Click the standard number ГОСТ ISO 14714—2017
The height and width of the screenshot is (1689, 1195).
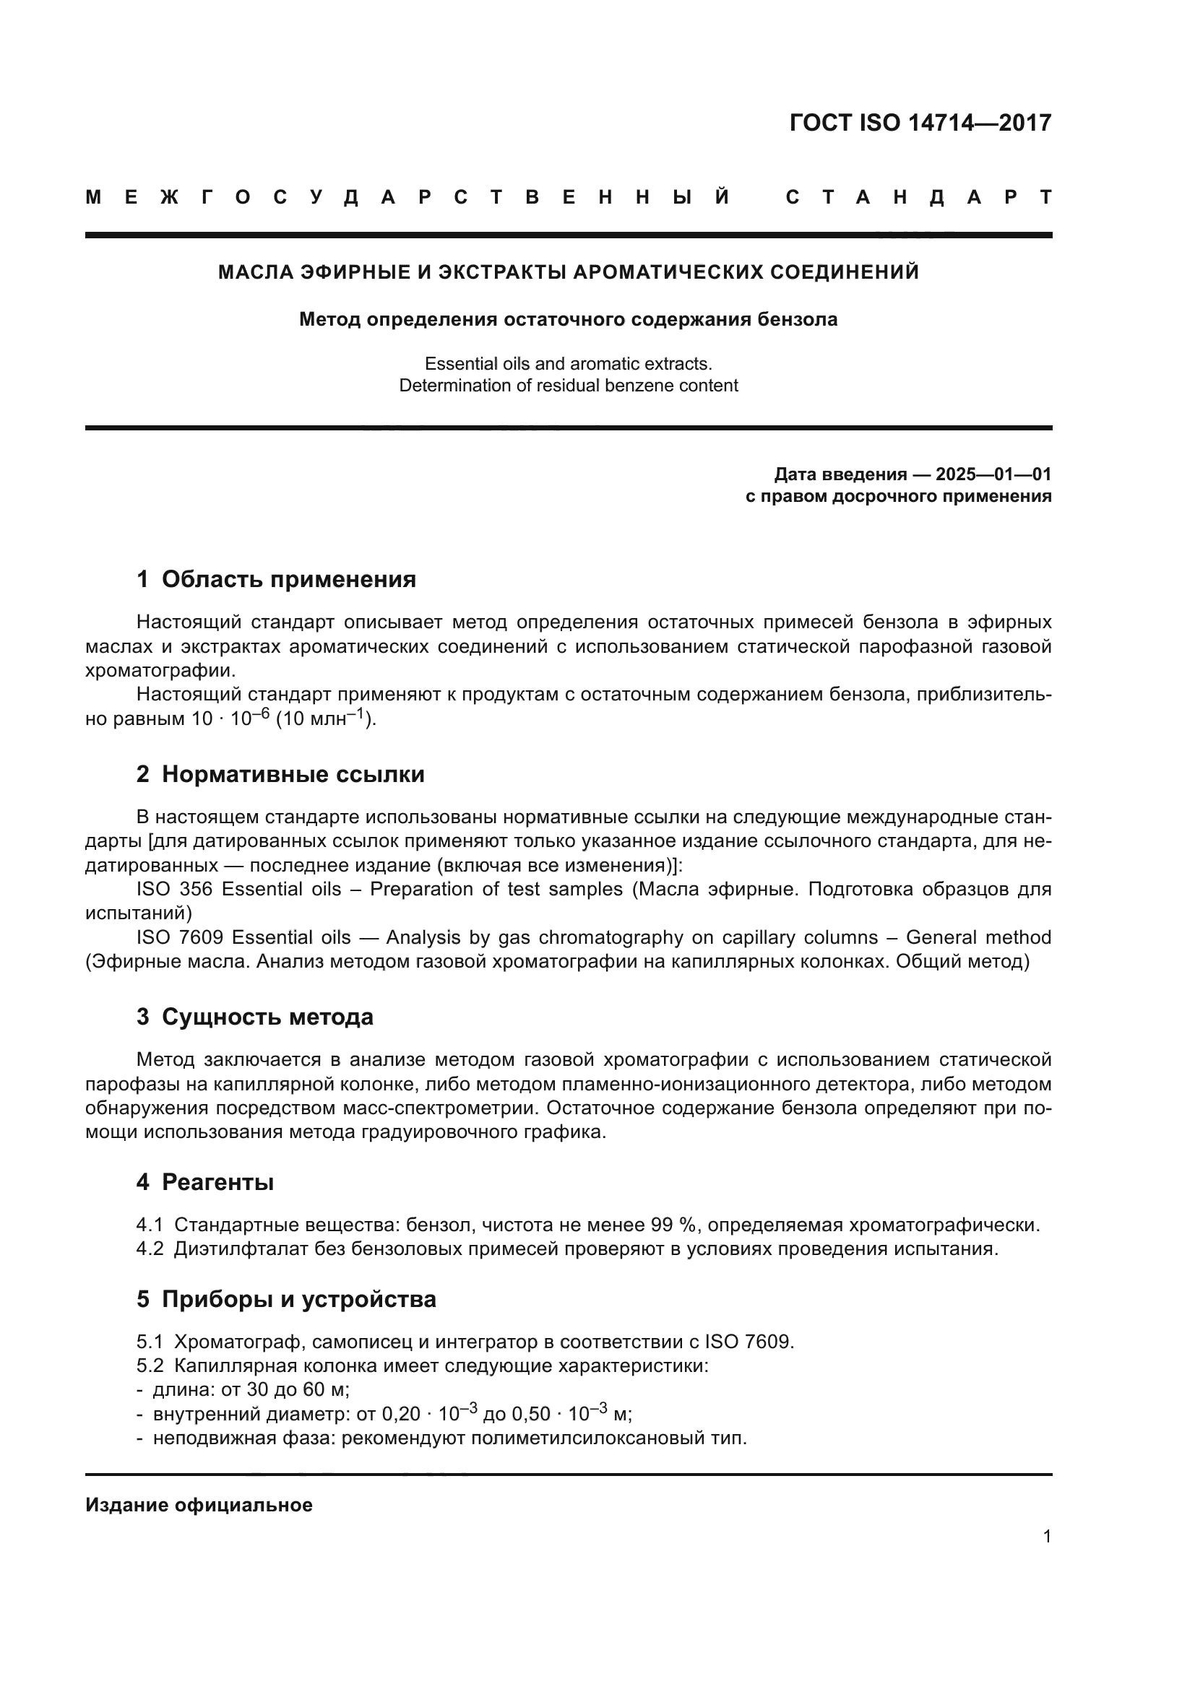[920, 123]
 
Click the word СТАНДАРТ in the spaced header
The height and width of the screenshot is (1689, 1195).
[919, 197]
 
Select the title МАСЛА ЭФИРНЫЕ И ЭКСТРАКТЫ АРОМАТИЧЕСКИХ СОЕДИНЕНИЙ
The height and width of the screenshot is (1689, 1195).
[568, 272]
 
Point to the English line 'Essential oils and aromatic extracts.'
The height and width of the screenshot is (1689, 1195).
[568, 363]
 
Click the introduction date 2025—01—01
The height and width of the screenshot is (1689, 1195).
[993, 474]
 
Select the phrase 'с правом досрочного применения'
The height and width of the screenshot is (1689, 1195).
[898, 496]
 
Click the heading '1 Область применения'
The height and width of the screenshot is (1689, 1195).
[276, 580]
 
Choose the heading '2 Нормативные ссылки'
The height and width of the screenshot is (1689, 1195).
[280, 775]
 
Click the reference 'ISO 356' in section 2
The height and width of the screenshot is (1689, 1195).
[173, 890]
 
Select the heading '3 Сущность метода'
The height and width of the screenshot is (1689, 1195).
[254, 1017]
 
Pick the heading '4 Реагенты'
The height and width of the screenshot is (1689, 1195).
[204, 1182]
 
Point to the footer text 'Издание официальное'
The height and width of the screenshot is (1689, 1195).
[199, 1505]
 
